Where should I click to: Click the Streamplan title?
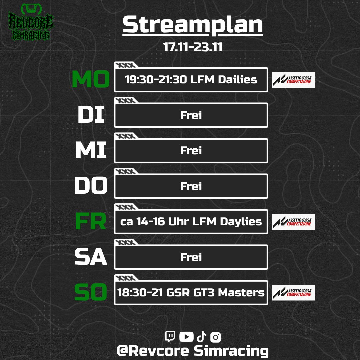(x=193, y=25)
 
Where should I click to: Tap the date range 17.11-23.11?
(x=193, y=47)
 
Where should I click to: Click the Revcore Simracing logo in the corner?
(x=31, y=22)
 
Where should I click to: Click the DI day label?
(x=91, y=115)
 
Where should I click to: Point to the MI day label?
(x=91, y=150)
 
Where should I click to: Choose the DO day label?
(x=91, y=186)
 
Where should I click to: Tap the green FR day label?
(x=91, y=221)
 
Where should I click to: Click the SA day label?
(x=91, y=257)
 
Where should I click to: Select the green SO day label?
(x=91, y=292)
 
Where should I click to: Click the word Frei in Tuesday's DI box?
(x=191, y=115)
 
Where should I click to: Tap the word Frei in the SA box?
(x=191, y=257)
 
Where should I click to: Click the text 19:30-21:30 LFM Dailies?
(x=191, y=80)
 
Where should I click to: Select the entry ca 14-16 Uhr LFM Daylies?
(x=191, y=222)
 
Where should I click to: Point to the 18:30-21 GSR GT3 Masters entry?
(x=191, y=293)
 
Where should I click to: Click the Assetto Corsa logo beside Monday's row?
(x=293, y=80)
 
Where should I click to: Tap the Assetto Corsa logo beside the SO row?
(x=293, y=293)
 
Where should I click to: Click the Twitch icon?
(x=170, y=337)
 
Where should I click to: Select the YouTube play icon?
(x=186, y=337)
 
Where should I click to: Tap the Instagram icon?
(x=216, y=337)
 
